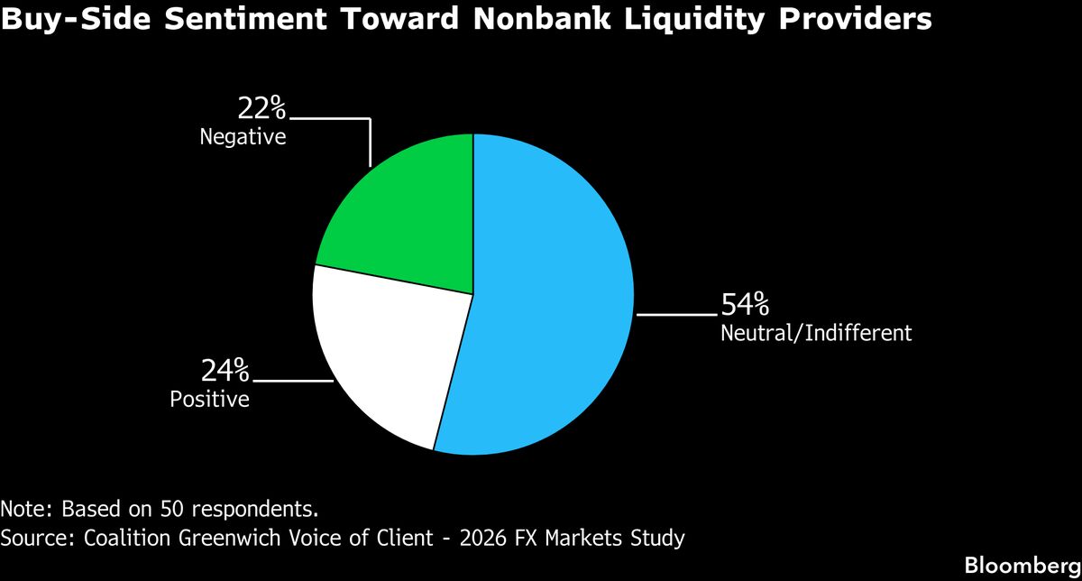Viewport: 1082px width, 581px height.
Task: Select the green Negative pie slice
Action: click(406, 217)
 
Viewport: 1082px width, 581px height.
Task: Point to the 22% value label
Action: click(261, 109)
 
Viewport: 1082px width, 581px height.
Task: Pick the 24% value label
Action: click(225, 370)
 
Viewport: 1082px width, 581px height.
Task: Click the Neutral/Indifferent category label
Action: click(816, 333)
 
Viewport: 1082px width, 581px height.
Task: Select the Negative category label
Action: click(243, 138)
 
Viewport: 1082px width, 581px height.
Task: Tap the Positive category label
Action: click(209, 398)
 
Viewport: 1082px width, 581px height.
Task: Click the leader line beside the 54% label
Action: click(676, 314)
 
